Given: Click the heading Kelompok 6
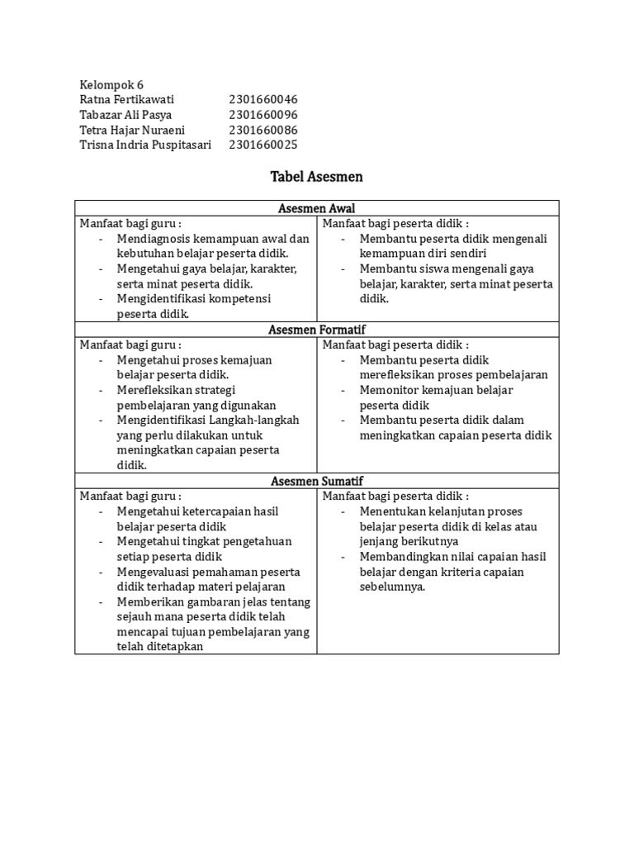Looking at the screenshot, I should pyautogui.click(x=111, y=85).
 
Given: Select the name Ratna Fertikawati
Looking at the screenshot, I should pyautogui.click(x=127, y=100).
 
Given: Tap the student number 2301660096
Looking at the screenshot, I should pyautogui.click(x=263, y=115).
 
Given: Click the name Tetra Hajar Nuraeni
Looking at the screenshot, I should pyautogui.click(x=132, y=130).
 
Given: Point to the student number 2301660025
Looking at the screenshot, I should pyautogui.click(x=263, y=145).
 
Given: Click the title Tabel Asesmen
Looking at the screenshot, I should pyautogui.click(x=316, y=176).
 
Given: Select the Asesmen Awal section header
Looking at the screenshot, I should pyautogui.click(x=316, y=208).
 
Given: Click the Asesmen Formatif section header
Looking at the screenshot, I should pyautogui.click(x=316, y=330).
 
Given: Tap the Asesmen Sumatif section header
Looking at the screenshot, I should pyautogui.click(x=316, y=481).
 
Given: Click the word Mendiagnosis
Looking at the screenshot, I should pyautogui.click(x=154, y=239).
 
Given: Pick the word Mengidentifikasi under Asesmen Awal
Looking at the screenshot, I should pyautogui.click(x=159, y=298).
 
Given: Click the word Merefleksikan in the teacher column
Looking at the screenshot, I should pyautogui.click(x=154, y=390).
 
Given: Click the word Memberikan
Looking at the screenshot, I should pyautogui.click(x=151, y=601).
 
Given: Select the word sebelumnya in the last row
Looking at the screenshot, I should pyautogui.click(x=392, y=587).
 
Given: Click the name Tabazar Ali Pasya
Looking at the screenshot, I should pyautogui.click(x=125, y=115).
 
